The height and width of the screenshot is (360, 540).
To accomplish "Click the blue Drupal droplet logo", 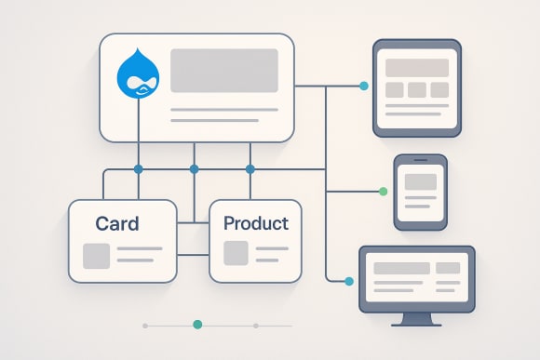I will pyautogui.click(x=141, y=73).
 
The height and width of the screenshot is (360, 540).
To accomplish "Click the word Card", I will pyautogui.click(x=117, y=223).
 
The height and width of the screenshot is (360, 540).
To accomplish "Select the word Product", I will pyautogui.click(x=255, y=223).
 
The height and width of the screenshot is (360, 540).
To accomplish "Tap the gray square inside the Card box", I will pyautogui.click(x=96, y=255).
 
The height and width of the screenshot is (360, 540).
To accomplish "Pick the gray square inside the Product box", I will pyautogui.click(x=236, y=253).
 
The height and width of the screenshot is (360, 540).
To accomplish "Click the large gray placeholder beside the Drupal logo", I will pyautogui.click(x=223, y=71).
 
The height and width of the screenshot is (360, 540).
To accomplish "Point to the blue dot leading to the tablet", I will pyautogui.click(x=363, y=86).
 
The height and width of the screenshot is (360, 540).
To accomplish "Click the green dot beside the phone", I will pyautogui.click(x=383, y=192).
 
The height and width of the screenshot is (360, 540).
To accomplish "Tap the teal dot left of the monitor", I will pyautogui.click(x=349, y=281).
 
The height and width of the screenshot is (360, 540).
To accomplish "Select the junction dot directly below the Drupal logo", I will pyautogui.click(x=139, y=169).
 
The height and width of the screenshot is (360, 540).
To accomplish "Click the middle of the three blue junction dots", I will pyautogui.click(x=194, y=169).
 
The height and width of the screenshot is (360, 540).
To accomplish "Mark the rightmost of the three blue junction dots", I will pyautogui.click(x=250, y=169).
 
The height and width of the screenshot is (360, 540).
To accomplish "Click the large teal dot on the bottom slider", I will pyautogui.click(x=197, y=325).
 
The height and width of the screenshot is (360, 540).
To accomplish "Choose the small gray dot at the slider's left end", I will pyautogui.click(x=145, y=326).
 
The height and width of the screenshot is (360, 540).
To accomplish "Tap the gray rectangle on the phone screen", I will pyautogui.click(x=420, y=182).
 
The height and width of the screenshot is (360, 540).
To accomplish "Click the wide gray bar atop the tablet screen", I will pyautogui.click(x=416, y=68).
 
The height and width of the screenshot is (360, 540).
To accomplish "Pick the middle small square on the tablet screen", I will pyautogui.click(x=416, y=90).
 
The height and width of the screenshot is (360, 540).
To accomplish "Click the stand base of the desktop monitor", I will pyautogui.click(x=416, y=322).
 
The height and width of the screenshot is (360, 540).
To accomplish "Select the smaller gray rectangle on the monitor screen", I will pyautogui.click(x=448, y=268).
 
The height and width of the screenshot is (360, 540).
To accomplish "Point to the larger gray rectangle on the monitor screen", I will pyautogui.click(x=401, y=268).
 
